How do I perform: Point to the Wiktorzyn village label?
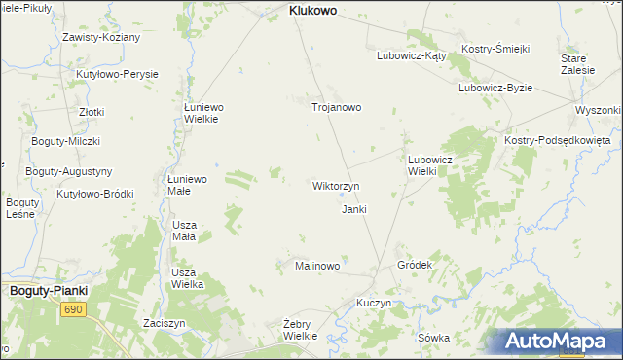tap(336, 185)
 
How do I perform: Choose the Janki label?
tap(354, 209)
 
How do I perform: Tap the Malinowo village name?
tap(316, 266)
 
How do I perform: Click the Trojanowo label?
tap(336, 107)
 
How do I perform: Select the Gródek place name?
tap(415, 265)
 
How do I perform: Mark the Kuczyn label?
tap(374, 303)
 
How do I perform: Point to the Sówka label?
tap(433, 338)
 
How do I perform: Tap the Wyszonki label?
tap(598, 110)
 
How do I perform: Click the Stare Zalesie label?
tap(572, 64)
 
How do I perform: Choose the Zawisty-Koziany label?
tap(101, 37)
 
